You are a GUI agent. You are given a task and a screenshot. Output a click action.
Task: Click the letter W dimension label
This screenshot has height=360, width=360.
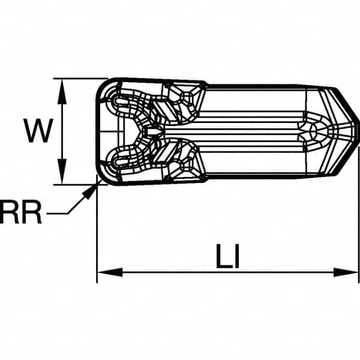pyautogui.click(x=38, y=131)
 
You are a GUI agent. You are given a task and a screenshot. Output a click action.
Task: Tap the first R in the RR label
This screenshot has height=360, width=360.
pyautogui.click(x=9, y=212)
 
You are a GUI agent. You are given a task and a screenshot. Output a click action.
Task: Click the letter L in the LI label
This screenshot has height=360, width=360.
pyautogui.click(x=224, y=256)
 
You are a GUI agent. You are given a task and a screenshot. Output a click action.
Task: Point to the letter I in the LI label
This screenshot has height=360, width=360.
pyautogui.click(x=237, y=256)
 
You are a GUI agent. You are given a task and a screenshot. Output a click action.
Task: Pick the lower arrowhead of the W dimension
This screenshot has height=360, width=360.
pyautogui.click(x=62, y=171)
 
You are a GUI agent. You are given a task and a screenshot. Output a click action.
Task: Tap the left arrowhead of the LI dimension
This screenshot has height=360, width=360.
pyautogui.click(x=110, y=272)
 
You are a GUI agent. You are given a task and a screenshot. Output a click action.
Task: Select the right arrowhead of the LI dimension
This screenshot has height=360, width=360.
pyautogui.click(x=346, y=272)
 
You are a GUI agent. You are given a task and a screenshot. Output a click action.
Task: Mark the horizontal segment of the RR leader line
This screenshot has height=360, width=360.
pyautogui.click(x=58, y=214)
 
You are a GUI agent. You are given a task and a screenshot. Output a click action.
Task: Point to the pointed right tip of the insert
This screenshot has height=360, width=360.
pyautogui.click(x=358, y=122)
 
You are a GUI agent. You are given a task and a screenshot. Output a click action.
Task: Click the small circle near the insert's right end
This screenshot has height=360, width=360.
pyautogui.click(x=314, y=131)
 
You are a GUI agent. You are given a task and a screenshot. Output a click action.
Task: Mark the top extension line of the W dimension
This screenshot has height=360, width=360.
pyautogui.click(x=80, y=79)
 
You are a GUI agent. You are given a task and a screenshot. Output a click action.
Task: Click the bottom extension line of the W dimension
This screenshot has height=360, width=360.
pyautogui.click(x=80, y=184)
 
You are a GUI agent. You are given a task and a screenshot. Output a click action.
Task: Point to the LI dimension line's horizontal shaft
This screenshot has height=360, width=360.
pyautogui.click(x=228, y=272)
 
